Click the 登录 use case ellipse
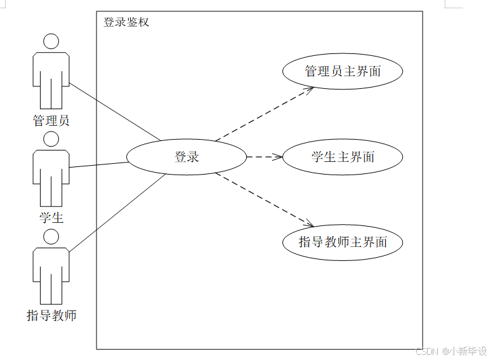pyautogui.click(x=187, y=157)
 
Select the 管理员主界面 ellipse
pyautogui.click(x=343, y=71)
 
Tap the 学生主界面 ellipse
pyautogui.click(x=343, y=157)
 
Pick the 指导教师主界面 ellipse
pyautogui.click(x=343, y=242)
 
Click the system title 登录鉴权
pyautogui.click(x=126, y=22)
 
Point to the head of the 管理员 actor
pyautogui.click(x=51, y=42)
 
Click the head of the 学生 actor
pyautogui.click(x=51, y=139)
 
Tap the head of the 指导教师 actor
pyautogui.click(x=51, y=237)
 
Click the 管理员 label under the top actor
pyautogui.click(x=51, y=120)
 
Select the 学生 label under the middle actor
pyautogui.click(x=51, y=218)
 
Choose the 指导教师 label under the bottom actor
pyautogui.click(x=51, y=316)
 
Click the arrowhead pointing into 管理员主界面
pyautogui.click(x=309, y=90)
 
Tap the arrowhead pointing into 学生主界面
pyautogui.click(x=278, y=157)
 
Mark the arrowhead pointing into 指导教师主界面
pyautogui.click(x=310, y=223)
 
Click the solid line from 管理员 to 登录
pyautogui.click(x=114, y=111)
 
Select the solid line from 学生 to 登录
pyautogui.click(x=98, y=164)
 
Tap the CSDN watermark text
pyautogui.click(x=451, y=351)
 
